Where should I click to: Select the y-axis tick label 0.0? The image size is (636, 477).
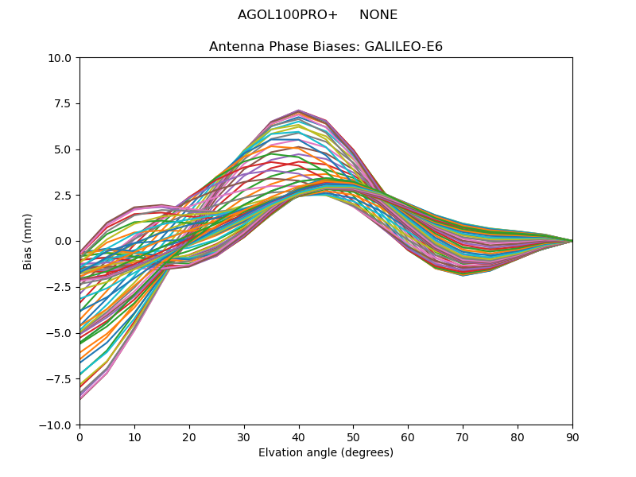(x=63, y=242)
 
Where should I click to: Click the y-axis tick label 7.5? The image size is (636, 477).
(x=63, y=104)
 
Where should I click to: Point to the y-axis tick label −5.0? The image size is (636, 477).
(x=60, y=333)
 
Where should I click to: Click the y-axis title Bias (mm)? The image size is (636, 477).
(x=29, y=242)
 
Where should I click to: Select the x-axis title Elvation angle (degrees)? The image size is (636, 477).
(x=326, y=453)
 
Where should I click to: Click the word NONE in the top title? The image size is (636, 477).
(x=378, y=15)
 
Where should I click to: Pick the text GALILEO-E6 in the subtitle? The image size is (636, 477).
(x=403, y=47)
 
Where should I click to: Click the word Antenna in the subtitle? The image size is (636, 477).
(x=233, y=47)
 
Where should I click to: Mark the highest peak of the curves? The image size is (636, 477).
(x=298, y=111)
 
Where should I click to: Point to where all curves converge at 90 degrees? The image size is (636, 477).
(x=572, y=241)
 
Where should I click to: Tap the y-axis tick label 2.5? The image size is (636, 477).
(x=63, y=196)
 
